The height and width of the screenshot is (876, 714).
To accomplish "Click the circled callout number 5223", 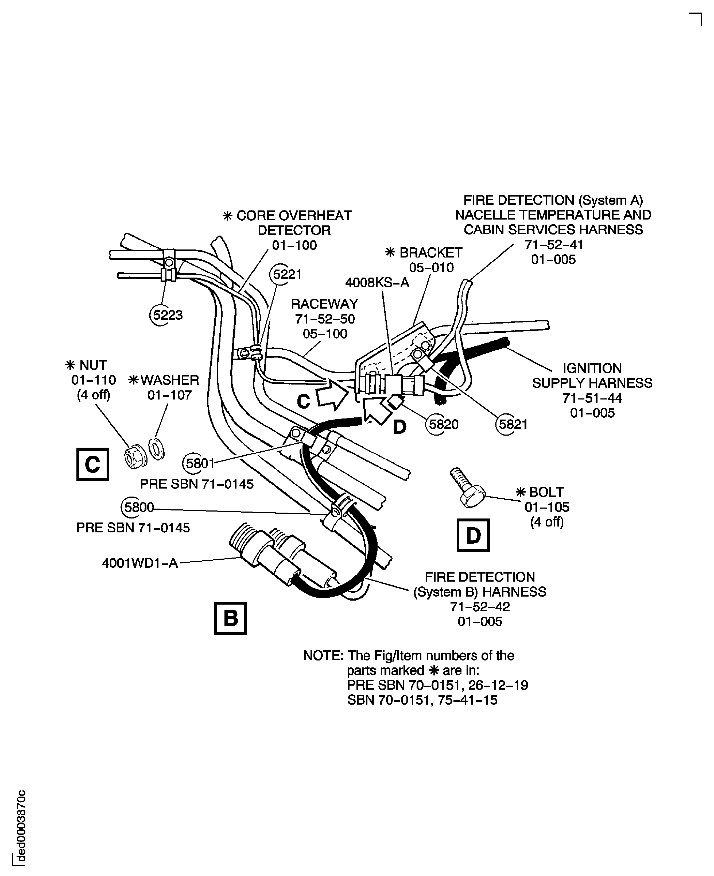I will coord(166,315).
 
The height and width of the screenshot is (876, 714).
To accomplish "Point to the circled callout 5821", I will coord(512,424).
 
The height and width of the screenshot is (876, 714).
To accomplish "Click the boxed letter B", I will coord(230,618).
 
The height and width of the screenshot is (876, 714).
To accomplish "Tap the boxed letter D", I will coord(473,535).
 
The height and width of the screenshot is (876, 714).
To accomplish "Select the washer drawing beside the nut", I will coord(157,449).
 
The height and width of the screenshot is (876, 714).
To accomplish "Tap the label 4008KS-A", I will coord(377,283).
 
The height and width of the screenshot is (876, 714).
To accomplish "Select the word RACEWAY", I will coord(324,304).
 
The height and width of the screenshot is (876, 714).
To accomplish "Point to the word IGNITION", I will coord(592,368).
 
